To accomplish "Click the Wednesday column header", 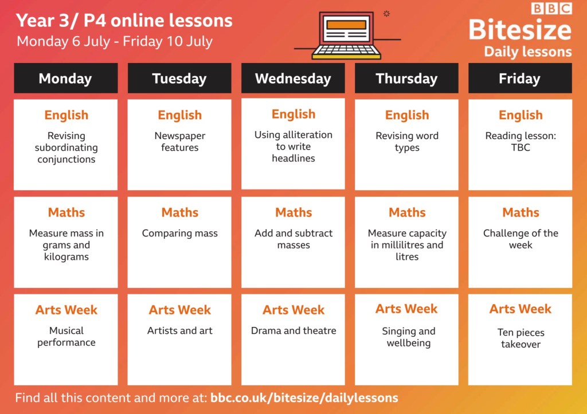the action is click(293, 78).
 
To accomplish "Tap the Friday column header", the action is click(520, 78).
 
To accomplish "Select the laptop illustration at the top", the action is click(346, 36).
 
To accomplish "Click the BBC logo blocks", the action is click(551, 8).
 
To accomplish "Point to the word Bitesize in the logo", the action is click(520, 30).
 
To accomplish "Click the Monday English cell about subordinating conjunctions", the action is click(66, 145).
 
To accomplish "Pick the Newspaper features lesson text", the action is click(179, 141).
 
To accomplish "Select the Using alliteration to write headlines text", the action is click(293, 146).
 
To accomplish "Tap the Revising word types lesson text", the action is click(407, 141).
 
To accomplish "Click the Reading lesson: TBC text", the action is click(521, 141).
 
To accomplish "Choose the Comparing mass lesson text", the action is click(179, 234).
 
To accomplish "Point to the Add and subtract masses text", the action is click(293, 239).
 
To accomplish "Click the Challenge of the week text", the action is click(521, 239).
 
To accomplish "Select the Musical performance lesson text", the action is click(66, 337).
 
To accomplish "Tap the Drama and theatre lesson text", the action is click(293, 330).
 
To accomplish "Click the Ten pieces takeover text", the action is click(521, 338).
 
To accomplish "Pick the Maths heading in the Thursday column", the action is click(407, 212).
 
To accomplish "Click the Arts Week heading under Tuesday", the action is click(179, 310).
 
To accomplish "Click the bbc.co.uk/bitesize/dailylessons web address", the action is click(304, 398).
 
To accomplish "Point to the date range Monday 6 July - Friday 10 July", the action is click(115, 41).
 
